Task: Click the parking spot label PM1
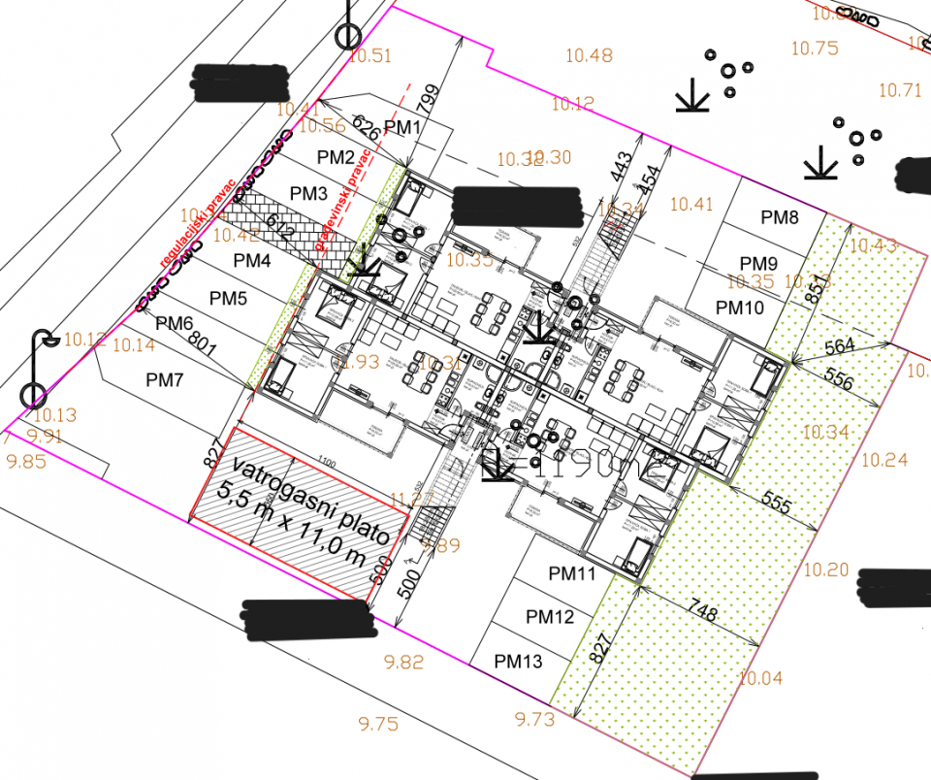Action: (x=402, y=127)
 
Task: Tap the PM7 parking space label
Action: (x=164, y=380)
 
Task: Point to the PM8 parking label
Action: (x=780, y=217)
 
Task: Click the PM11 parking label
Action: (x=571, y=573)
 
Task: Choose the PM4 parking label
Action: (x=252, y=260)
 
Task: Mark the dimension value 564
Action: (x=840, y=347)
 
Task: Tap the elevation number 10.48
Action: (x=589, y=55)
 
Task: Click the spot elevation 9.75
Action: (x=377, y=723)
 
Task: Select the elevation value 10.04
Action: (x=760, y=678)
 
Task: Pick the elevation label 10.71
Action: (x=900, y=90)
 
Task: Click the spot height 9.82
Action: (x=403, y=663)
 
